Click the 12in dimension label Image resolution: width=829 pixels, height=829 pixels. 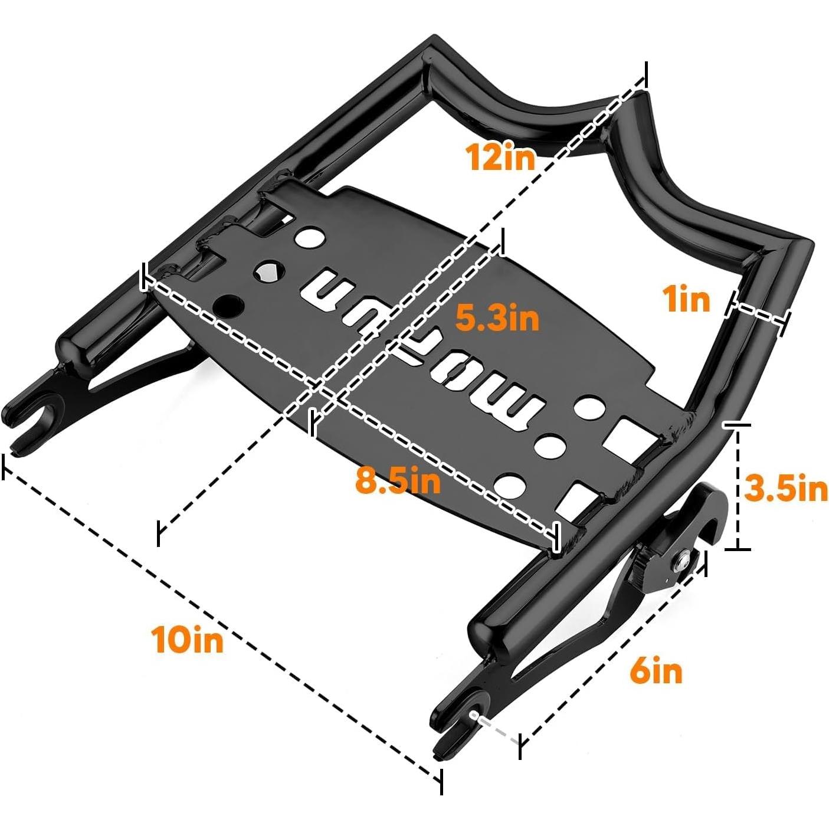pos(500,157)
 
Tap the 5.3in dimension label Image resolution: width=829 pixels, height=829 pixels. pos(497,319)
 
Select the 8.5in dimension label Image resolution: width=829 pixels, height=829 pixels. pos(398,481)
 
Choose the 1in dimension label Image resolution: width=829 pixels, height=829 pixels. pos(687,299)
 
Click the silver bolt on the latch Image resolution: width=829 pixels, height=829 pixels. pos(683,561)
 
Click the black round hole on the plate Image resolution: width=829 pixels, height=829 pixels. pos(230,305)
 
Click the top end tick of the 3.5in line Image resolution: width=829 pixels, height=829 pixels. pos(737,424)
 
